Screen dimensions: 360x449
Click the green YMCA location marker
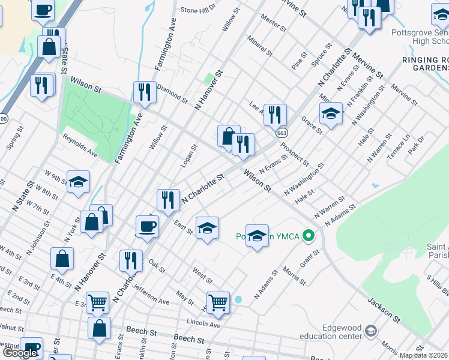click(x=309, y=235)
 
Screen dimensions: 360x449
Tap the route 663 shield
click(x=281, y=132)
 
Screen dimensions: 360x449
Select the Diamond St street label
click(x=172, y=94)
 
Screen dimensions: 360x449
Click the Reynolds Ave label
click(x=80, y=146)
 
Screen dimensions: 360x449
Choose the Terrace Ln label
click(x=398, y=146)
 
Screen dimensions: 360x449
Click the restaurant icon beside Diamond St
click(x=144, y=92)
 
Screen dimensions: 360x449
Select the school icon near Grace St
click(x=330, y=113)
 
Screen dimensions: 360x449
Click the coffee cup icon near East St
click(x=148, y=227)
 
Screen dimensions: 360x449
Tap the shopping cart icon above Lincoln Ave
click(x=218, y=302)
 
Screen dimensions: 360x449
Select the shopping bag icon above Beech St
click(x=99, y=328)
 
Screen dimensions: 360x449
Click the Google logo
click(x=20, y=353)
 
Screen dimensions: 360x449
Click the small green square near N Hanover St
click(x=208, y=79)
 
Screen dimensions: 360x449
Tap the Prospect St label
click(x=294, y=154)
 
